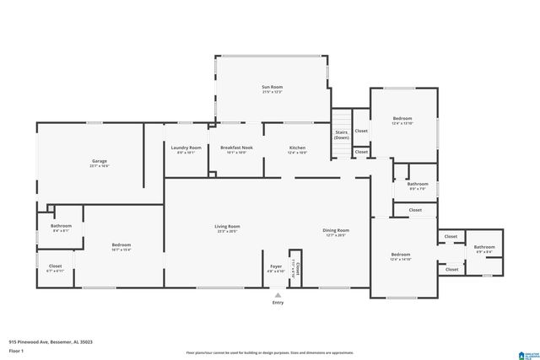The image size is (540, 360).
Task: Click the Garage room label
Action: pyautogui.click(x=99, y=161)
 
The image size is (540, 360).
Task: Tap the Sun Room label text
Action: pyautogui.click(x=271, y=87)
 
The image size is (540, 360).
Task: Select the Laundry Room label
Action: pyautogui.click(x=186, y=148)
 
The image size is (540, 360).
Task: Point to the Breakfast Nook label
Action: pyautogui.click(x=236, y=148)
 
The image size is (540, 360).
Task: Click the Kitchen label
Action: pyautogui.click(x=297, y=148)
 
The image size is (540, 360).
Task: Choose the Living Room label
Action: pyautogui.click(x=228, y=226)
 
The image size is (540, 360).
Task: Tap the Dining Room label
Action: pyautogui.click(x=336, y=230)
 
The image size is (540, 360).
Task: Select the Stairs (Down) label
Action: pyautogui.click(x=342, y=134)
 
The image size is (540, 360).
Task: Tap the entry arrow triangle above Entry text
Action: pyautogui.click(x=277, y=295)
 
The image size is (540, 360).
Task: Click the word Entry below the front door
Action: pyautogui.click(x=277, y=303)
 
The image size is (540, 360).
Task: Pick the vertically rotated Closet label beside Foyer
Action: pyautogui.click(x=295, y=269)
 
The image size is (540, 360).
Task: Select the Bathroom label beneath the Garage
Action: pyautogui.click(x=61, y=226)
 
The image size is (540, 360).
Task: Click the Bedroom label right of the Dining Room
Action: pyautogui.click(x=400, y=255)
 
